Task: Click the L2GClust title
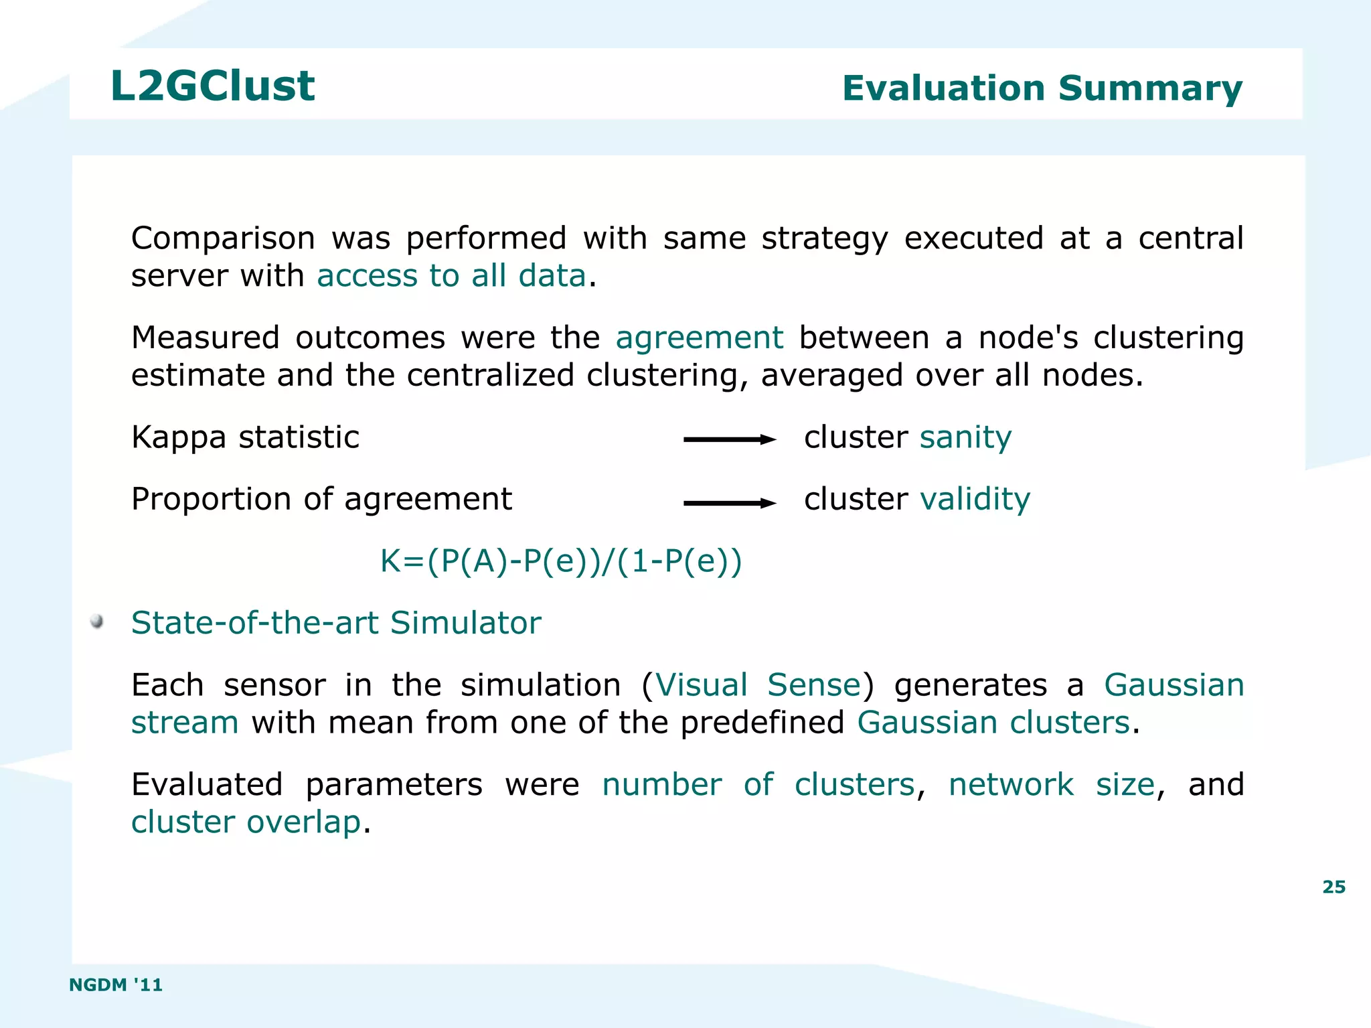point(212,86)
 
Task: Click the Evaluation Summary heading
point(1042,88)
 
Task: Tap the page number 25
point(1334,887)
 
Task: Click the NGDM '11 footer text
point(116,984)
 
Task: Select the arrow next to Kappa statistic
point(729,440)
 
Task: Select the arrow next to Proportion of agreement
point(729,503)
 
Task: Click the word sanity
point(965,437)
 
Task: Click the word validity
point(975,499)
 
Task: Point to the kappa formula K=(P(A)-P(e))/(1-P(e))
point(561,561)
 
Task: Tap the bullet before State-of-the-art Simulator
point(97,621)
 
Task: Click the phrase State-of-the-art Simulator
point(336,623)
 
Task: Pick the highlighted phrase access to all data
point(451,276)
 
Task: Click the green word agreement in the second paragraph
point(699,338)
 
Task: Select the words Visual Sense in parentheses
point(757,685)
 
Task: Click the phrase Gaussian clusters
point(993,723)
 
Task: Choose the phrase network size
point(1051,784)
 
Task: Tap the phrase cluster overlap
point(246,822)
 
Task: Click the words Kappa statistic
point(245,437)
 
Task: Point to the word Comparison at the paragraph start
point(223,238)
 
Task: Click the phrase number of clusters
point(758,784)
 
